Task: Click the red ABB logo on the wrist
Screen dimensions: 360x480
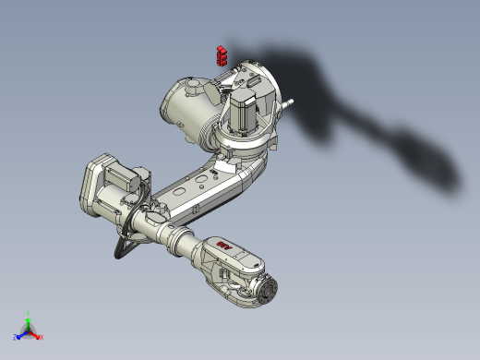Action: click(224, 247)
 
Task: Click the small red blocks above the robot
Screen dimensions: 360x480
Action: click(221, 54)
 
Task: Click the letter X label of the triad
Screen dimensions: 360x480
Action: click(41, 337)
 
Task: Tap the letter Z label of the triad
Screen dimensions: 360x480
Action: click(17, 337)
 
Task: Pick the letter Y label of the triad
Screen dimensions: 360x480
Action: click(29, 313)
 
